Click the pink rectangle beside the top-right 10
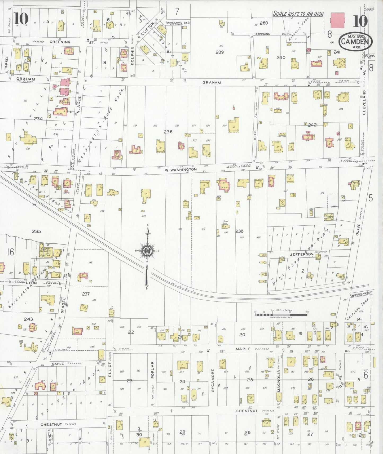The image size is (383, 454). [x=337, y=21]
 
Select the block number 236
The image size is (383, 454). [x=168, y=132]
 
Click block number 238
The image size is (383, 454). [x=239, y=231]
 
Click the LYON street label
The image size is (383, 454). [x=31, y=283]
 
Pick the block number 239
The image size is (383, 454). [x=219, y=52]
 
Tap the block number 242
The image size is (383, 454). [x=312, y=125]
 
